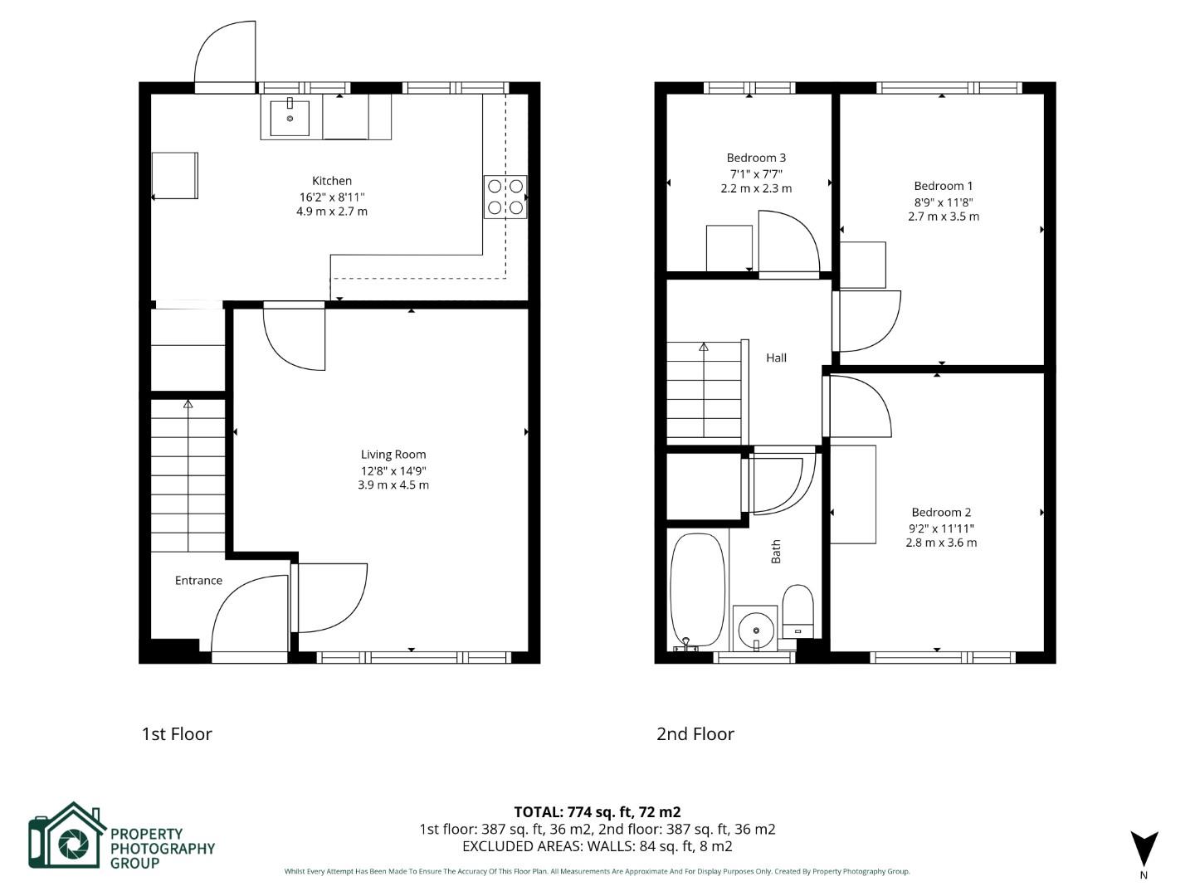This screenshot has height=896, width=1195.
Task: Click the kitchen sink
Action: [290, 118]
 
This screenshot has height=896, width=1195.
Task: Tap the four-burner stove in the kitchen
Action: [505, 197]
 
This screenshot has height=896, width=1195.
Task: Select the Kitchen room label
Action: [332, 181]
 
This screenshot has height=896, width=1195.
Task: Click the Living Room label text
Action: [393, 455]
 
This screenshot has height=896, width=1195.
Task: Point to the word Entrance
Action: [198, 581]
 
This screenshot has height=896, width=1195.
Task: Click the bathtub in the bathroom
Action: [697, 590]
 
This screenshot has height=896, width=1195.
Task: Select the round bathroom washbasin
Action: [756, 630]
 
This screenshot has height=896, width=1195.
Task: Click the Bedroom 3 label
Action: [756, 158]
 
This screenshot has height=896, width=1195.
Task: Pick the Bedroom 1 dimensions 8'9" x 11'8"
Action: [944, 202]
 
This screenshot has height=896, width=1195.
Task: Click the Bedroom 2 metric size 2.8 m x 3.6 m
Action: [941, 543]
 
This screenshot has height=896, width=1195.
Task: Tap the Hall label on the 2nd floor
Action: [777, 358]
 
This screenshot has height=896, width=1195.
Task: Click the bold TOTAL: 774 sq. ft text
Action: [597, 812]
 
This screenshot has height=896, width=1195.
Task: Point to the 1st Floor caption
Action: [177, 734]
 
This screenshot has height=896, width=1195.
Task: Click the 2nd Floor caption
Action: [695, 734]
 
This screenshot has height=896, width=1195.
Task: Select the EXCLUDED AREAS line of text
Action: [597, 846]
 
